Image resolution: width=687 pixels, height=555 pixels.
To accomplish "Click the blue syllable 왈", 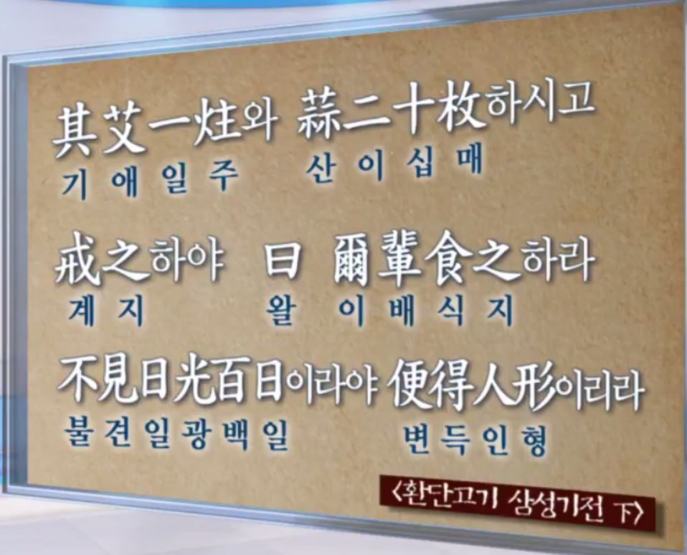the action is coord(282,310).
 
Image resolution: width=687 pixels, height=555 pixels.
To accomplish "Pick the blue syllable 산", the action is coord(322,168).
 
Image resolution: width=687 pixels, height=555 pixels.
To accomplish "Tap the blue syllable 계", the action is coord(82,311).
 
